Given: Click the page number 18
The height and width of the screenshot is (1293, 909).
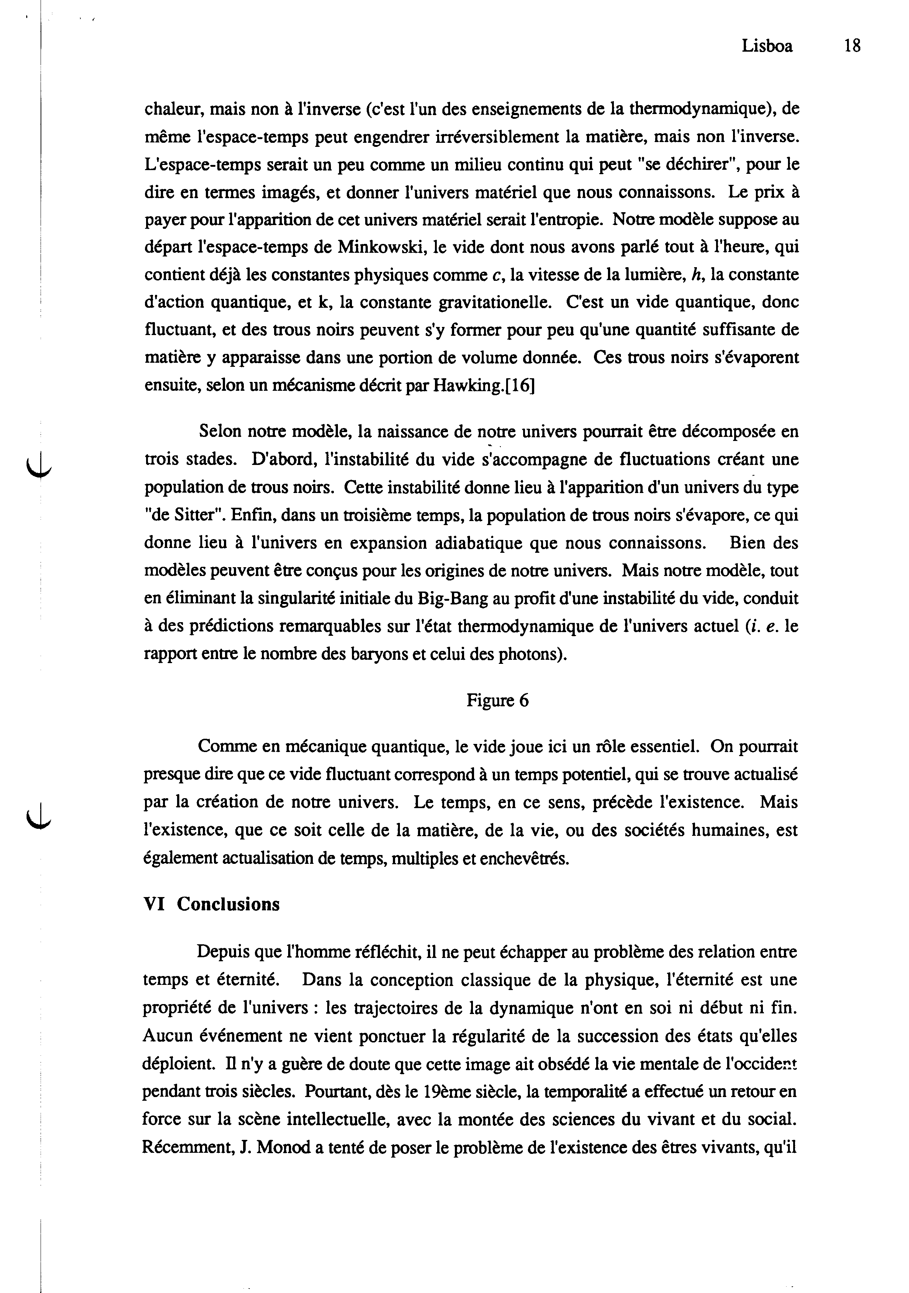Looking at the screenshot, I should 852,46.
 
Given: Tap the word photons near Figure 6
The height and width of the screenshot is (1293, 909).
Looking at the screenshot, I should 529,654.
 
